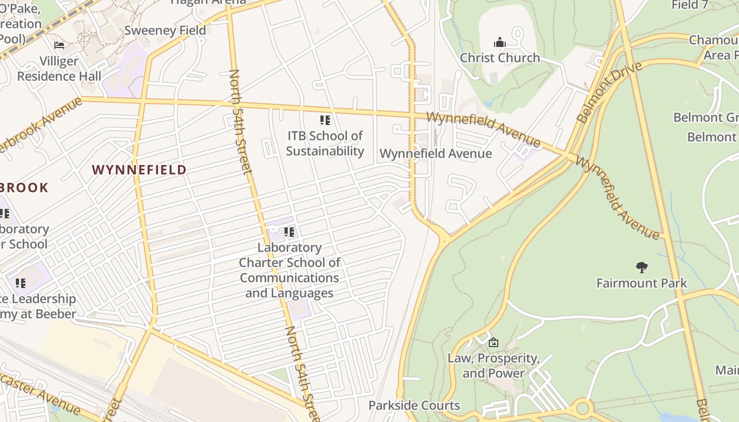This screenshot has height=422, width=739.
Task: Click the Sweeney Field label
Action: tap(165, 31)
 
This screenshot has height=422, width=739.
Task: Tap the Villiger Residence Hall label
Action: tap(59, 69)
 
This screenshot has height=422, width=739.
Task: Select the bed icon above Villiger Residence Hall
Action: tap(59, 45)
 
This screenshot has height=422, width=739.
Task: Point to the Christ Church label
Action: tap(500, 57)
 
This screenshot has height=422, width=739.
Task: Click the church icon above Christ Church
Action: tap(500, 42)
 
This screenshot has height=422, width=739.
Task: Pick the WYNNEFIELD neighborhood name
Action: tap(139, 170)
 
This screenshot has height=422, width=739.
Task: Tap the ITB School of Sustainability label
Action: tap(325, 143)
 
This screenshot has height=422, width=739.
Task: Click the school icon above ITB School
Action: tap(325, 120)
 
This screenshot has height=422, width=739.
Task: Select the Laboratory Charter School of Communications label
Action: tap(289, 270)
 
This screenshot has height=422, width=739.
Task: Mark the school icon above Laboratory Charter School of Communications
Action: tap(289, 232)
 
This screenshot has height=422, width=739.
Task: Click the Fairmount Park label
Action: tap(641, 283)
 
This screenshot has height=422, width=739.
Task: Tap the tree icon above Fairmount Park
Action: tap(642, 267)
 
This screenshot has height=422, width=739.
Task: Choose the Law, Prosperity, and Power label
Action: tap(494, 366)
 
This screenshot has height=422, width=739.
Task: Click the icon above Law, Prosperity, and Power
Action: tap(494, 342)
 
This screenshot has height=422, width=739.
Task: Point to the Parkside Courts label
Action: tap(414, 406)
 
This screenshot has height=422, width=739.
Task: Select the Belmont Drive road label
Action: tap(610, 92)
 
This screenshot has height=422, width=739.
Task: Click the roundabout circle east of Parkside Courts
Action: tap(583, 408)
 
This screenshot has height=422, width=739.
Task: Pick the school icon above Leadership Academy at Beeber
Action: tap(21, 283)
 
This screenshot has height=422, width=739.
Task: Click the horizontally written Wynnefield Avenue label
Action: tap(435, 154)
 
